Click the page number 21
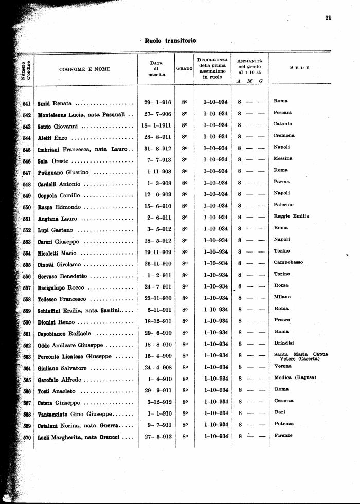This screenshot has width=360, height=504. tap(328, 19)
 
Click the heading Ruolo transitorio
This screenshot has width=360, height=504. tap(170, 40)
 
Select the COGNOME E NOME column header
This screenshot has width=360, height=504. tap(84, 69)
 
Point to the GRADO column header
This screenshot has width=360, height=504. tap(184, 68)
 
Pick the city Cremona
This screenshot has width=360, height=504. tap(284, 135)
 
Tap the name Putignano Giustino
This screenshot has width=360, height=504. tap(63, 172)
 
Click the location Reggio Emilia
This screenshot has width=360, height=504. tap(291, 216)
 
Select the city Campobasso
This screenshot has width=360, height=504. tap(288, 262)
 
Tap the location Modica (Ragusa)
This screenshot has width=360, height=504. tap(295, 377)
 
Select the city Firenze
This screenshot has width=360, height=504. tap(283, 435)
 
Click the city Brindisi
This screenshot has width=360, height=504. tap(282, 343)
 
